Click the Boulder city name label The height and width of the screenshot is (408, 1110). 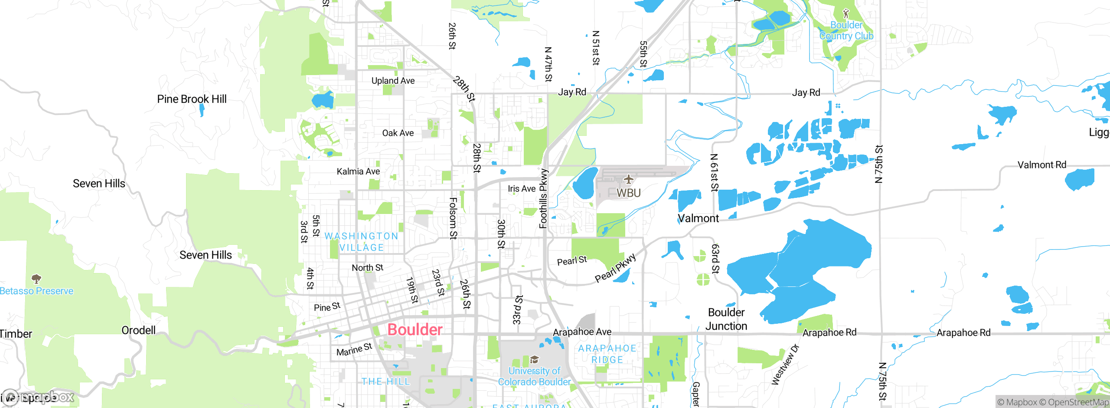pos(415,329)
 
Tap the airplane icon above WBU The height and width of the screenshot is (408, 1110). pos(629,179)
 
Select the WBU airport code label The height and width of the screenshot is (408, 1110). pos(628,193)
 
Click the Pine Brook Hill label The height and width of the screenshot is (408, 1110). pos(192,99)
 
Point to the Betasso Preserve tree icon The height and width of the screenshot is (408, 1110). pos(36,278)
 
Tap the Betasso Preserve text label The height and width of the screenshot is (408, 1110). pos(36,291)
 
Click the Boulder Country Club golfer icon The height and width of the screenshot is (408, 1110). pos(846,13)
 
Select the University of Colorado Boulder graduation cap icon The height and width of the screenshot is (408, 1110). pos(534,359)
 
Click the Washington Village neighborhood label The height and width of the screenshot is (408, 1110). pos(361,242)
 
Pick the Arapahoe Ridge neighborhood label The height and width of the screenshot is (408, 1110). pos(607,354)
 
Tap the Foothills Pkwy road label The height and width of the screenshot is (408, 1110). pos(543,199)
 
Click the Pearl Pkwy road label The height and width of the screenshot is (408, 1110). pos(615,268)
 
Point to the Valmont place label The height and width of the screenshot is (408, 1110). pos(698,218)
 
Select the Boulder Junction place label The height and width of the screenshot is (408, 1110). pos(726,319)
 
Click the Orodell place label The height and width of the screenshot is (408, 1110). pos(138,330)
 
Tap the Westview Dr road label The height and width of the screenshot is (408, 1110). pos(785,365)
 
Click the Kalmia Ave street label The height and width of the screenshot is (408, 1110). pos(358,171)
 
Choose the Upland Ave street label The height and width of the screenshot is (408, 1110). pos(393,81)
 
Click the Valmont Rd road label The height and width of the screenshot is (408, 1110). pos(1041,165)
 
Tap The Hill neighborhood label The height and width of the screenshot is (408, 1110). pos(385,382)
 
